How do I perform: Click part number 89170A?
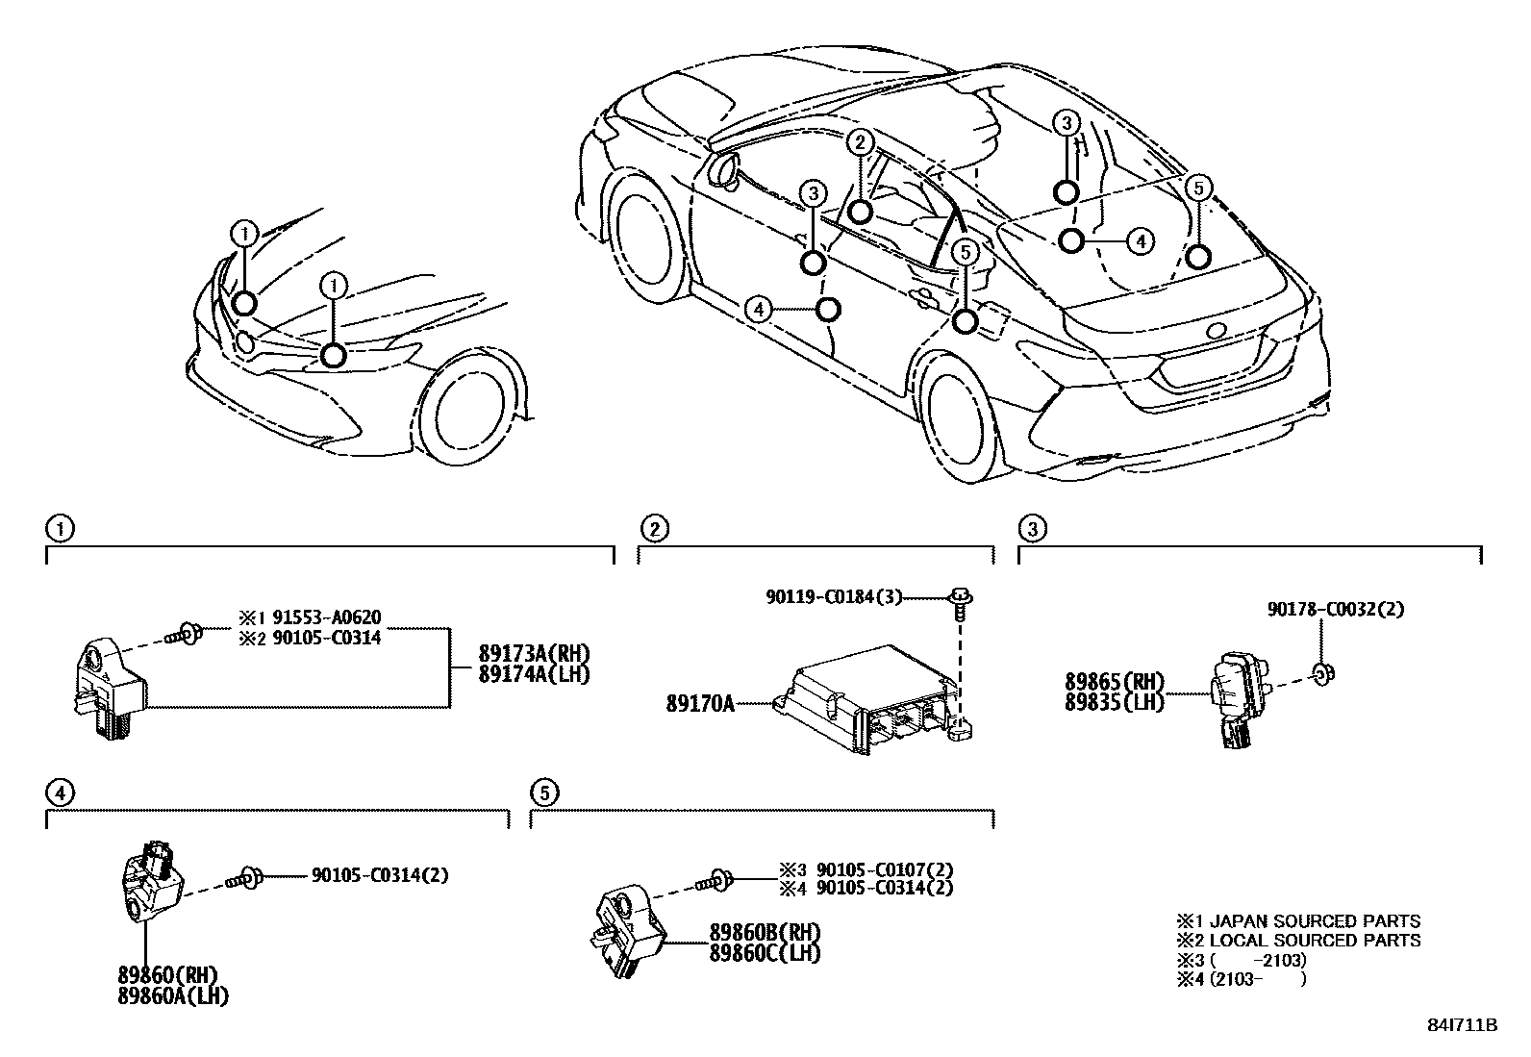699,703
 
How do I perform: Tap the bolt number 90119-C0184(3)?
834,597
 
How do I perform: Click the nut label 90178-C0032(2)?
1328,610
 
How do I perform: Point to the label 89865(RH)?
1114,682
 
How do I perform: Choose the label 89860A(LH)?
174,997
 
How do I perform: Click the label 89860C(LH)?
765,952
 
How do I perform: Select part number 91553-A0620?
327,618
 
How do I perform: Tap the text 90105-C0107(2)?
884,869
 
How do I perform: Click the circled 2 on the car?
859,143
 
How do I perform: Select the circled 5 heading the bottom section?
543,793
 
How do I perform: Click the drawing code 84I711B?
1462,1025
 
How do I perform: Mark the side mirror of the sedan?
723,169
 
